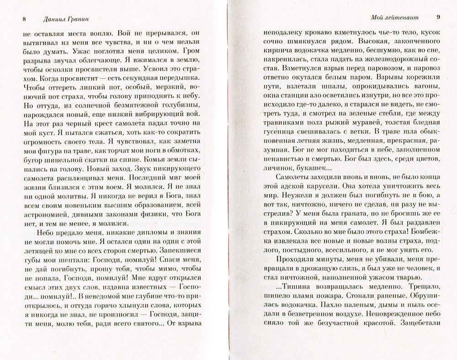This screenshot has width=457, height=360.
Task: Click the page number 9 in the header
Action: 437,17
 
